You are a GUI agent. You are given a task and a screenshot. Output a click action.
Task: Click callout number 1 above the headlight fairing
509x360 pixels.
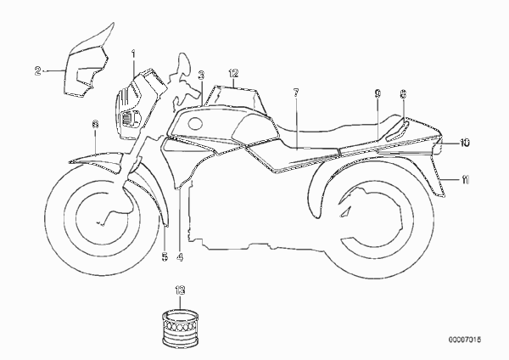[x=133, y=54]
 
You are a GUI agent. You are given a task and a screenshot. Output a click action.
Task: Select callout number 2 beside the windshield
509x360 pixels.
[x=38, y=70]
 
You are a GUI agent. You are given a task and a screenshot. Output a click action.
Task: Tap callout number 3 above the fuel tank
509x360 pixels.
[x=201, y=75]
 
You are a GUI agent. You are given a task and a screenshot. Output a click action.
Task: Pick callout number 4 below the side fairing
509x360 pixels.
[x=180, y=257]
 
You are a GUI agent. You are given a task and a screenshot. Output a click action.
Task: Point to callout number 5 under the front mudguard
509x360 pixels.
[x=165, y=257]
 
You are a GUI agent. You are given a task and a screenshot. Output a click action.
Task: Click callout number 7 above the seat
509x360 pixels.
[x=296, y=93]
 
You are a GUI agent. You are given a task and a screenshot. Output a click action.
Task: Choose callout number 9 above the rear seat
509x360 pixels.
[x=378, y=94]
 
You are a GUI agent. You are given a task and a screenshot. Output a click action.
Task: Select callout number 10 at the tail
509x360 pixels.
[x=465, y=143]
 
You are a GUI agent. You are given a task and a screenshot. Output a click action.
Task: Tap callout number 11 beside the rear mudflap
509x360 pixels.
[x=466, y=179]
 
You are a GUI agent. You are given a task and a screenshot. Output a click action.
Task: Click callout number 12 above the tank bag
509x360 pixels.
[x=233, y=73]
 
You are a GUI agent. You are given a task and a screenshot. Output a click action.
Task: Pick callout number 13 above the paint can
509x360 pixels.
[x=180, y=290]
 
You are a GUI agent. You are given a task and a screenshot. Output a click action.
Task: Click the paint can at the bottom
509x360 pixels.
[x=180, y=327]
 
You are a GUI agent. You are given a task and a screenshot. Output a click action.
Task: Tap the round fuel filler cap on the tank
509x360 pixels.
[x=196, y=124]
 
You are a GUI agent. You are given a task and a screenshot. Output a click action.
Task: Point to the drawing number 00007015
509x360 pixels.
[x=465, y=340]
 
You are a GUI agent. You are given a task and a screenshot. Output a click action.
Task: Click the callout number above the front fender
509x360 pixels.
[x=95, y=124]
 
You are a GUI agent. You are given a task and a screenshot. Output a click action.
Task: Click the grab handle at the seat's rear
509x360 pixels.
[x=397, y=130]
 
